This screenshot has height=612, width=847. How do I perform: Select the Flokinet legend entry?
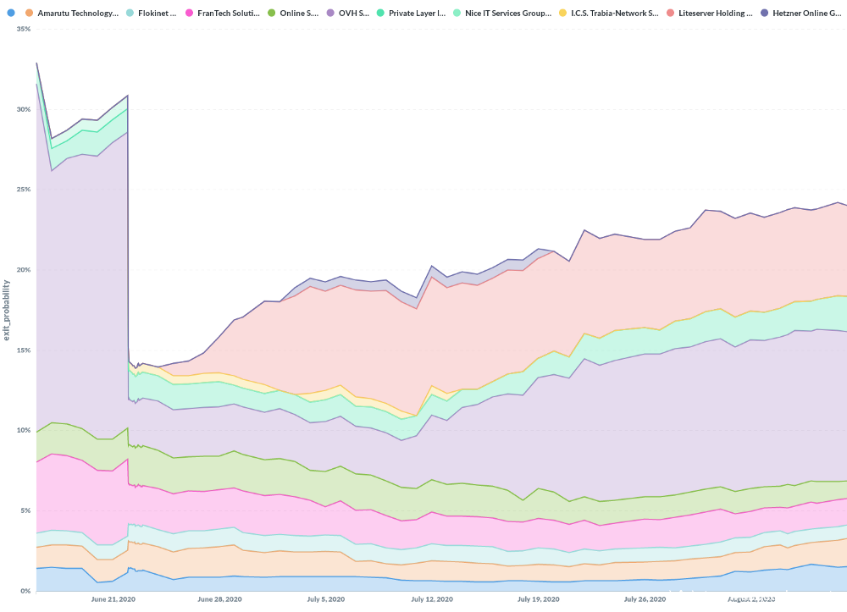click(x=157, y=14)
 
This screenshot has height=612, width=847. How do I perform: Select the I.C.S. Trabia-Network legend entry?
click(x=614, y=14)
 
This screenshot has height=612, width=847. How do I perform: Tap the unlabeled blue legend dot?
click(x=11, y=14)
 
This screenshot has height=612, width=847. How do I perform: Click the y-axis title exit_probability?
click(x=7, y=310)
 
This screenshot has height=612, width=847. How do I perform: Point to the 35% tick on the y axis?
click(x=23, y=29)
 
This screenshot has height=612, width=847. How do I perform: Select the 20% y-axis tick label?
click(x=23, y=270)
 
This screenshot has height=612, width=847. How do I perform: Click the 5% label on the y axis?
click(x=25, y=510)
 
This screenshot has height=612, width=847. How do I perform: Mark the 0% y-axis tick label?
click(x=25, y=591)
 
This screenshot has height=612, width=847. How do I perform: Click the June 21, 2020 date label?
click(x=113, y=599)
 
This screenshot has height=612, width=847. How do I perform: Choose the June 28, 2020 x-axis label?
click(x=219, y=599)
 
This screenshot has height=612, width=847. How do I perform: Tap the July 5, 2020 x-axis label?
click(x=326, y=599)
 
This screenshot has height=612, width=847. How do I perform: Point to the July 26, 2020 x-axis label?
click(x=646, y=599)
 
